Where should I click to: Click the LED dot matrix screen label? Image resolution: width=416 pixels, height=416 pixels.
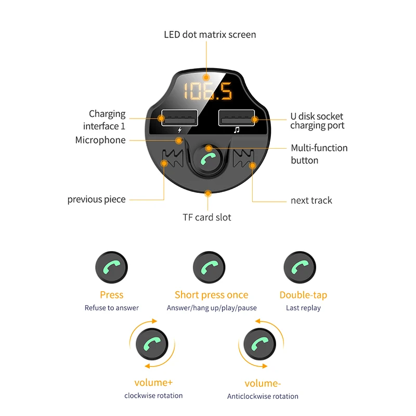tap(210, 35)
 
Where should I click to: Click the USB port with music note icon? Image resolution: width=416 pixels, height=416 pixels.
tap(237, 119)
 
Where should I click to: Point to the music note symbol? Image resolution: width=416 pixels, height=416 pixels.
tap(236, 130)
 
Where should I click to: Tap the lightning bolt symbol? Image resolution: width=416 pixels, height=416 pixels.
tap(180, 130)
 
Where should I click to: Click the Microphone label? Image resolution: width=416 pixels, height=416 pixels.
tap(100, 140)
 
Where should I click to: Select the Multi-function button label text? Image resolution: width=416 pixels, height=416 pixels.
tap(319, 154)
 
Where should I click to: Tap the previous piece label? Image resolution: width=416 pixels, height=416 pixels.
tap(96, 200)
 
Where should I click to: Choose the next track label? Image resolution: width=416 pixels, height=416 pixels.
tap(311, 200)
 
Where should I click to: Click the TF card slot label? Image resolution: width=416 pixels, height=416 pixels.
tap(207, 217)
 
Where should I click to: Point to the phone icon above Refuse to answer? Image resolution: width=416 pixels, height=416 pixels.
tap(111, 267)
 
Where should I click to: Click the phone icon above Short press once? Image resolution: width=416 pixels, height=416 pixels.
tap(209, 267)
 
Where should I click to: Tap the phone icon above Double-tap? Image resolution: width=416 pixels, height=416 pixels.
tap(300, 267)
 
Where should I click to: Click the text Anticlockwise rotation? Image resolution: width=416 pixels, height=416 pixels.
tap(263, 396)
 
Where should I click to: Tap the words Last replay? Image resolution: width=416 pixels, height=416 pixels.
tap(303, 308)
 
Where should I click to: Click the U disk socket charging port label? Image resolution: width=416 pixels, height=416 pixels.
tap(317, 121)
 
